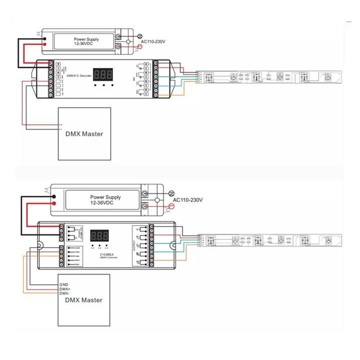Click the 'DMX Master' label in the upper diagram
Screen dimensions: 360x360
85,134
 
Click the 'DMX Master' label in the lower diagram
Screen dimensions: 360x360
84,300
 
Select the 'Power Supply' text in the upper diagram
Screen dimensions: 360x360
86,40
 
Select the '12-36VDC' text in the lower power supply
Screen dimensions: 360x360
102,203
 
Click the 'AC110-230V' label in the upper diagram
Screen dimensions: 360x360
153,42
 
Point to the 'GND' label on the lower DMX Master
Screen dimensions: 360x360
63,285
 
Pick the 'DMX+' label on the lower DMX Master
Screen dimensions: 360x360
64,289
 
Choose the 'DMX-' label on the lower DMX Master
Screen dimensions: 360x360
64,293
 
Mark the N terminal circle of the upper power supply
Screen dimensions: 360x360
139,36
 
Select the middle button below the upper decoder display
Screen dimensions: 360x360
103,85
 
